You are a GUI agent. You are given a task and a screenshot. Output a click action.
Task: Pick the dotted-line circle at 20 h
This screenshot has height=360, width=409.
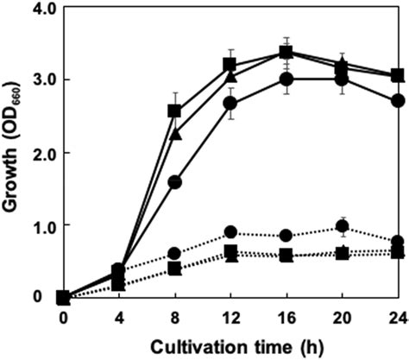pyautogui.click(x=343, y=227)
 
